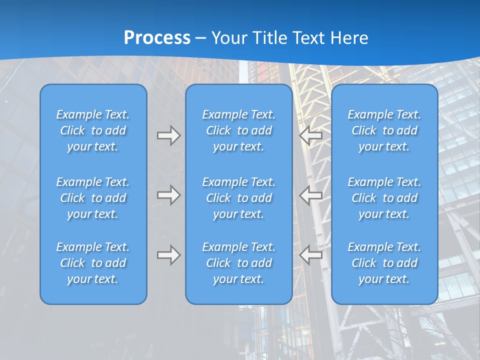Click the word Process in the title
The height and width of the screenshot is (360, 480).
[157, 38]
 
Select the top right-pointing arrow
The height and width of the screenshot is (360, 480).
[168, 135]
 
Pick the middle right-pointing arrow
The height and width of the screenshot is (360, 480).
[168, 195]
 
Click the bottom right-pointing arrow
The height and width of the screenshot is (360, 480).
[168, 255]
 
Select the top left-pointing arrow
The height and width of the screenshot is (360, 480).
[311, 135]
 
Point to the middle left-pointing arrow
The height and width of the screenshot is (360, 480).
[311, 195]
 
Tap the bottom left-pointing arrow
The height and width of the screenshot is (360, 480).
[311, 255]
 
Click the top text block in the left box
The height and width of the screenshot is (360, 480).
[93, 130]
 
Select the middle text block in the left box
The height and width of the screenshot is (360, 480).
[93, 198]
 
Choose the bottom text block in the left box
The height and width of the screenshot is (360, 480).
[93, 263]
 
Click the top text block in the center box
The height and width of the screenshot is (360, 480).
[238, 130]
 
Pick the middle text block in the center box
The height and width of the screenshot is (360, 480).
[238, 198]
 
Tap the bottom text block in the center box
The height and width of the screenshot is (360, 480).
[238, 263]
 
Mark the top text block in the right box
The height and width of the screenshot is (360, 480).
[384, 130]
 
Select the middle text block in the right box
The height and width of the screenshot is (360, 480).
[384, 198]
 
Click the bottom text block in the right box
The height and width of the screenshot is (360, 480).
[384, 263]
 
